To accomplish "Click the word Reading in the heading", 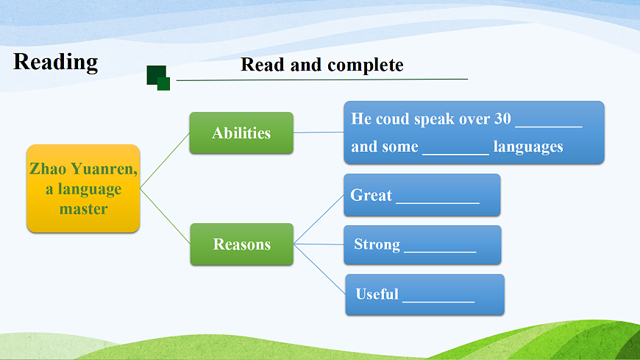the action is (55, 63).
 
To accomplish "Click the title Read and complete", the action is (322, 65).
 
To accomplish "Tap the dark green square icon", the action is (158, 77).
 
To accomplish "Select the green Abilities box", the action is (241, 133).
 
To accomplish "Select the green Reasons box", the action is (241, 244).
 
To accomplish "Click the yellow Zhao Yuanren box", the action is (83, 188).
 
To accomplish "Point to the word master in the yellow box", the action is (83, 209).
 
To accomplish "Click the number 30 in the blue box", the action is (502, 119).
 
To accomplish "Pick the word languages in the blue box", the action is (528, 147).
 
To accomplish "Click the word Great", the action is (371, 195).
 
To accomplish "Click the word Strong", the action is (377, 244).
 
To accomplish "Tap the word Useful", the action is (377, 294).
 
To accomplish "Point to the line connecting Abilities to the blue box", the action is (319, 133).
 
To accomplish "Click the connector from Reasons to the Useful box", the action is (319, 269).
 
